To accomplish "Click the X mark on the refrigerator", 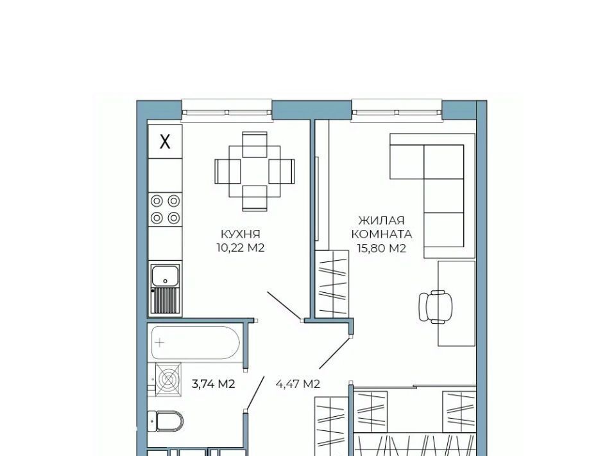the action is point(165,141).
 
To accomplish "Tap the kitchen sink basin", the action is point(166,275).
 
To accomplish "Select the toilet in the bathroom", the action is point(166,421).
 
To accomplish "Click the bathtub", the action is point(195,343).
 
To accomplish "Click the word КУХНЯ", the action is point(241,234).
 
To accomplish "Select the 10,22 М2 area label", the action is point(241,248).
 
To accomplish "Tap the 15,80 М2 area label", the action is point(381,249).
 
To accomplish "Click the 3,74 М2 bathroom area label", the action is point(213,383).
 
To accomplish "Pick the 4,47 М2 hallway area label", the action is point(298,383).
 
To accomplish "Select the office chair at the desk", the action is point(435,306).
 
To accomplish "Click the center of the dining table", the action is point(255,171).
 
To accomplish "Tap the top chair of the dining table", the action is point(255,145).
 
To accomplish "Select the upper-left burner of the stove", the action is point(157,201).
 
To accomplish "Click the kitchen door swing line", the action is point(284,306).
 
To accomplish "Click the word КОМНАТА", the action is point(381,234).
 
